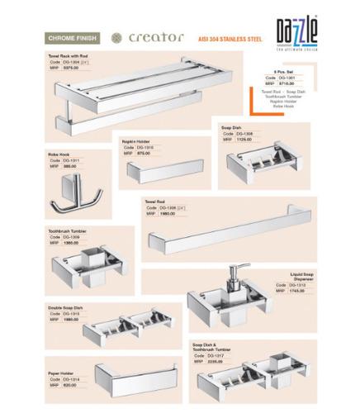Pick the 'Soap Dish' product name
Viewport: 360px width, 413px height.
231,128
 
